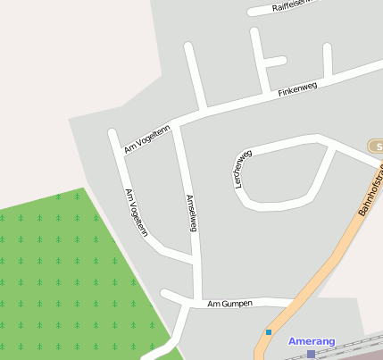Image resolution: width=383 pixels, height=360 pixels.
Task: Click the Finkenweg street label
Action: point(297,89)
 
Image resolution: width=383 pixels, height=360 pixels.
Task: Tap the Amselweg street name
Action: point(190,213)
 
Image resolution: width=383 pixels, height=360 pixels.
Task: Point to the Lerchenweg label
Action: point(241,168)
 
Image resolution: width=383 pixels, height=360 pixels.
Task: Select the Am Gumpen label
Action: point(229,304)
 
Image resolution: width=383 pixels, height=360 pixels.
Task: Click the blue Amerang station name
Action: point(312,341)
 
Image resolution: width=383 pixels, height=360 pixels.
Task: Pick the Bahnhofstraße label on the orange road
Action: point(369,190)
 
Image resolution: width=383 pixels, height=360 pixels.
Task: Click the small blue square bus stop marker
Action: point(268,332)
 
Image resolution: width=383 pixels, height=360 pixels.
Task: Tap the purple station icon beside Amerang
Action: point(311,355)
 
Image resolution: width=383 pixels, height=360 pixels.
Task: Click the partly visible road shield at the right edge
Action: point(377,145)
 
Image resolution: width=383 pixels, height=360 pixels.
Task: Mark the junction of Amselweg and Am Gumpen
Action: point(197,300)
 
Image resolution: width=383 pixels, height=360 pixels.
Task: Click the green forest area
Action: point(62,277)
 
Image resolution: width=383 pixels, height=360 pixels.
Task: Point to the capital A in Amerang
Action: point(292,341)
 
